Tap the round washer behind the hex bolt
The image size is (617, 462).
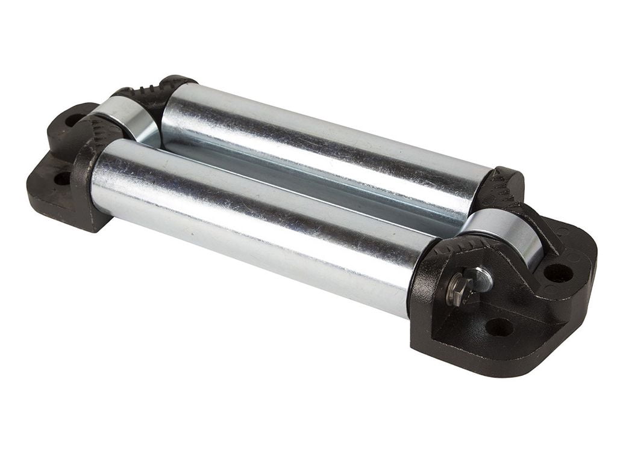(x=480, y=280)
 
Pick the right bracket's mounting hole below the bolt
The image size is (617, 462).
(x=499, y=327)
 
